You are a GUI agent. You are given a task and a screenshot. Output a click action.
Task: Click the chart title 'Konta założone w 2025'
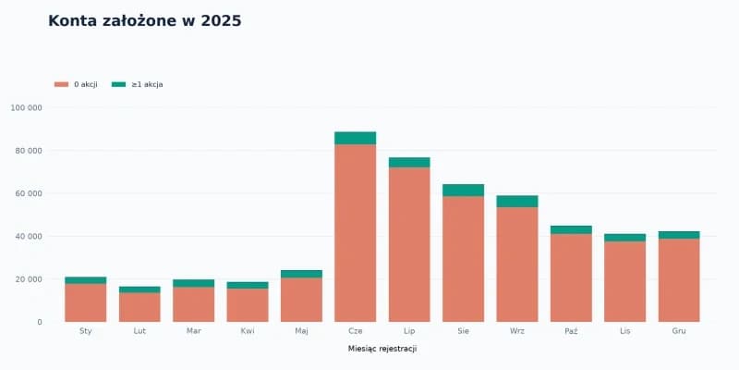[145, 21]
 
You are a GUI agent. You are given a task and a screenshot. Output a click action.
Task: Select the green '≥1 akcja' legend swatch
[119, 84]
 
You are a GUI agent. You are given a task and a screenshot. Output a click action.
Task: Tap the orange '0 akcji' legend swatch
[61, 84]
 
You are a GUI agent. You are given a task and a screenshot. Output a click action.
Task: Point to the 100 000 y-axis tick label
[26, 107]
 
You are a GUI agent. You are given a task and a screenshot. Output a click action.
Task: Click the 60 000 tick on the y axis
[29, 193]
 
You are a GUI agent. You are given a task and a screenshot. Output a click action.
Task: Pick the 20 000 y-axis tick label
[29, 279]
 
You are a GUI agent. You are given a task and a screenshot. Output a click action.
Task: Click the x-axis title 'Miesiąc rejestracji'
[382, 349]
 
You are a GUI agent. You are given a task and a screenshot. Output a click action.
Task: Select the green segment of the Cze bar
[356, 138]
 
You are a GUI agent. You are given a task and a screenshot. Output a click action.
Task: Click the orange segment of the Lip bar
[409, 244]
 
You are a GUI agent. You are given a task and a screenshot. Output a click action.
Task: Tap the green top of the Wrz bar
[517, 202]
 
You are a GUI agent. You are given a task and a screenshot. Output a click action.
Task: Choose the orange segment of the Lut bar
[139, 307]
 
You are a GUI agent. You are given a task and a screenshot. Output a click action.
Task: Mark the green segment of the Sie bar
[464, 191]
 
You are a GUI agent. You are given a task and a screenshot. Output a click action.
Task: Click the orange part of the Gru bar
[679, 280]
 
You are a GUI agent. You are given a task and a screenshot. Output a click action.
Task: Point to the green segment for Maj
[302, 274]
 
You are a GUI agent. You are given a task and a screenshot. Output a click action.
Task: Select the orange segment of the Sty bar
[86, 302]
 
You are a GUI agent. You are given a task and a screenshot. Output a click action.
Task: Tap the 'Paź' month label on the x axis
[571, 331]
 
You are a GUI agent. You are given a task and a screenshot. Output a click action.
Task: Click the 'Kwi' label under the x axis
[248, 331]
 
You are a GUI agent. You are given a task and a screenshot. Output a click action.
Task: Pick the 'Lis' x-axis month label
[625, 331]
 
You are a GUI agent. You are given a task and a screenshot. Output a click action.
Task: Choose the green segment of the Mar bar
[194, 283]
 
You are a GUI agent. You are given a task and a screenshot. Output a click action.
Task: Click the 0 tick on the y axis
[40, 322]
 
